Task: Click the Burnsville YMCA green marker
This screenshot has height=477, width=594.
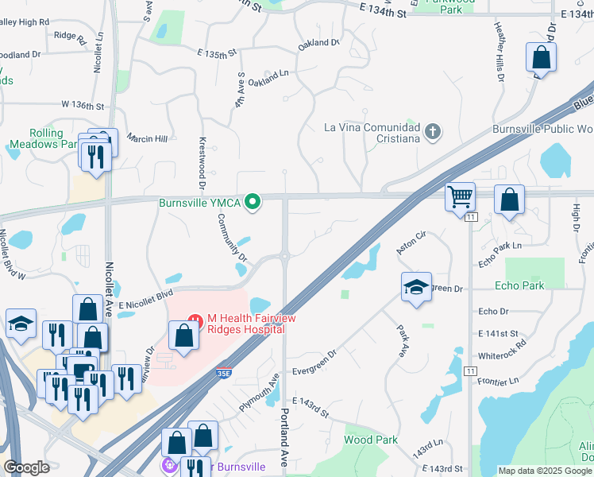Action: click(253, 204)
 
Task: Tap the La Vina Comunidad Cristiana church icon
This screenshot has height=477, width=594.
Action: click(433, 132)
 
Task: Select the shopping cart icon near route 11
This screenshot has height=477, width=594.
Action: click(461, 196)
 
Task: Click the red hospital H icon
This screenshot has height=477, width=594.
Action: click(191, 320)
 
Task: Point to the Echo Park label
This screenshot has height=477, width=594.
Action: click(519, 285)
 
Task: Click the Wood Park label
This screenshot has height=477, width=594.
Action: click(371, 440)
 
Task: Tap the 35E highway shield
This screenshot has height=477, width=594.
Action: click(226, 372)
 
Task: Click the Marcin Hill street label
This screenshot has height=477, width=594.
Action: click(148, 138)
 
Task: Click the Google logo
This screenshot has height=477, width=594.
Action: click(26, 467)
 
